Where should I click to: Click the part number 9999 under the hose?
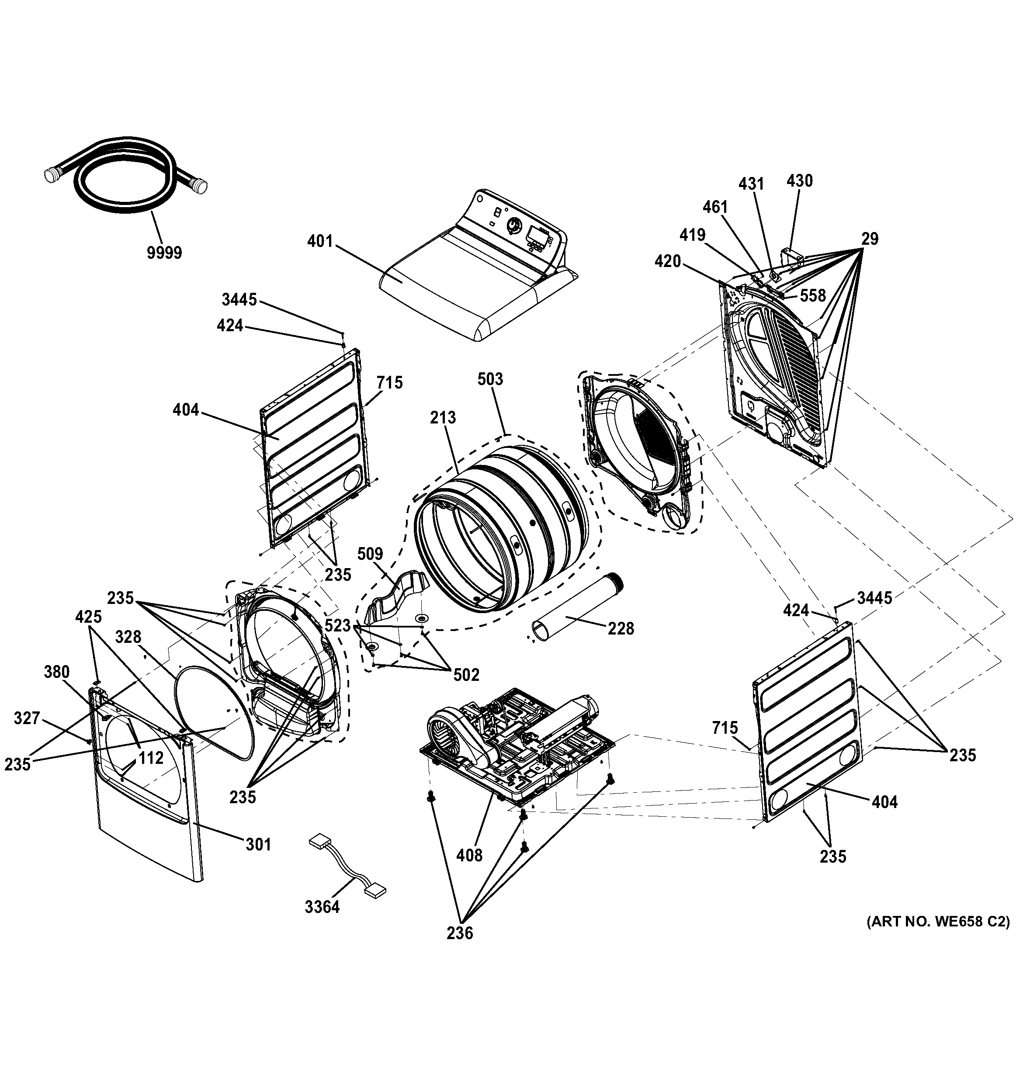click(164, 253)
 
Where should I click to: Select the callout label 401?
click(320, 241)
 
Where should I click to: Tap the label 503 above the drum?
click(490, 379)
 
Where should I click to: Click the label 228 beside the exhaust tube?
click(621, 629)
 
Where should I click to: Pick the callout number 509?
click(370, 554)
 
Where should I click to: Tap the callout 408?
click(469, 856)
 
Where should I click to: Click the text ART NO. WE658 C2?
click(938, 922)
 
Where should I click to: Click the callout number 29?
click(870, 239)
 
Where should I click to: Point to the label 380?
click(57, 672)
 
